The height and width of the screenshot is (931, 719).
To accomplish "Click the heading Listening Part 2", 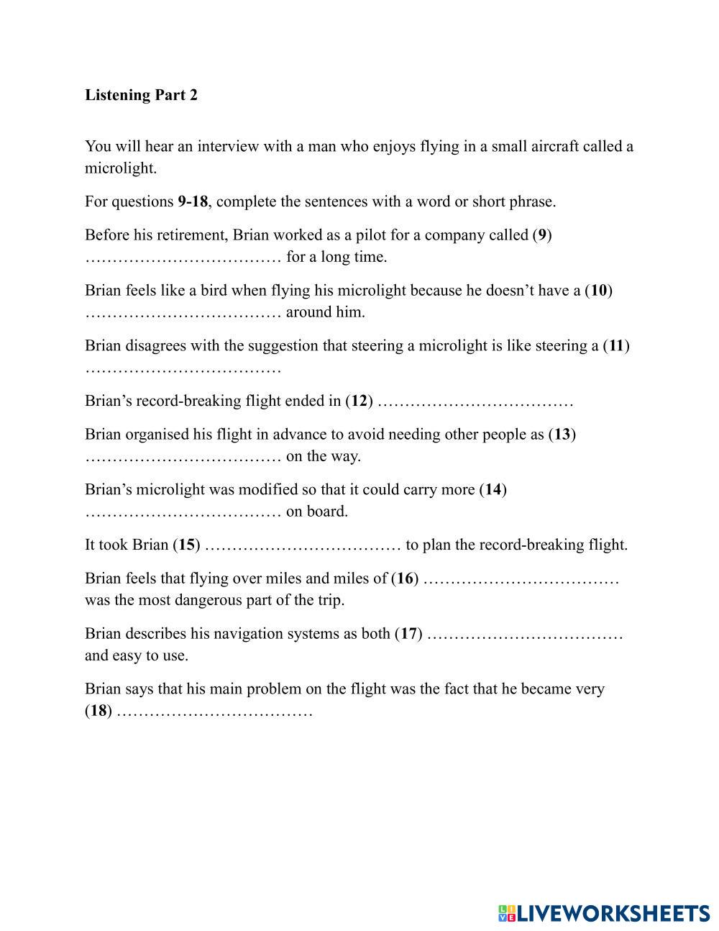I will [141, 95].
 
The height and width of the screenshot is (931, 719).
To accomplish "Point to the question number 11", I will [616, 346].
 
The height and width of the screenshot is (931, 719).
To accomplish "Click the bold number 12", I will [359, 401].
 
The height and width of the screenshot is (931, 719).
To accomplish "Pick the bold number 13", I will [562, 435].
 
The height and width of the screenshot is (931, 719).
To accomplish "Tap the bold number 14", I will [493, 490].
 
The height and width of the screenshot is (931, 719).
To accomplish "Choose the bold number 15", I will [187, 545].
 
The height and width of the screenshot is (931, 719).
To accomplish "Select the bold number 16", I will [406, 578].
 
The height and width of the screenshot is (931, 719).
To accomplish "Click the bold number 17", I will [409, 634].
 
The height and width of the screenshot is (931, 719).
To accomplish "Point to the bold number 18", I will [99, 712].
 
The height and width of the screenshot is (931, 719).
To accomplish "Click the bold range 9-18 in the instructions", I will [193, 201].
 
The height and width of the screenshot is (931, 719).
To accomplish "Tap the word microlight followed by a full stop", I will [120, 168].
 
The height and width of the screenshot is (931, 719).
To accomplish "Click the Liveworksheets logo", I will [603, 913].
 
